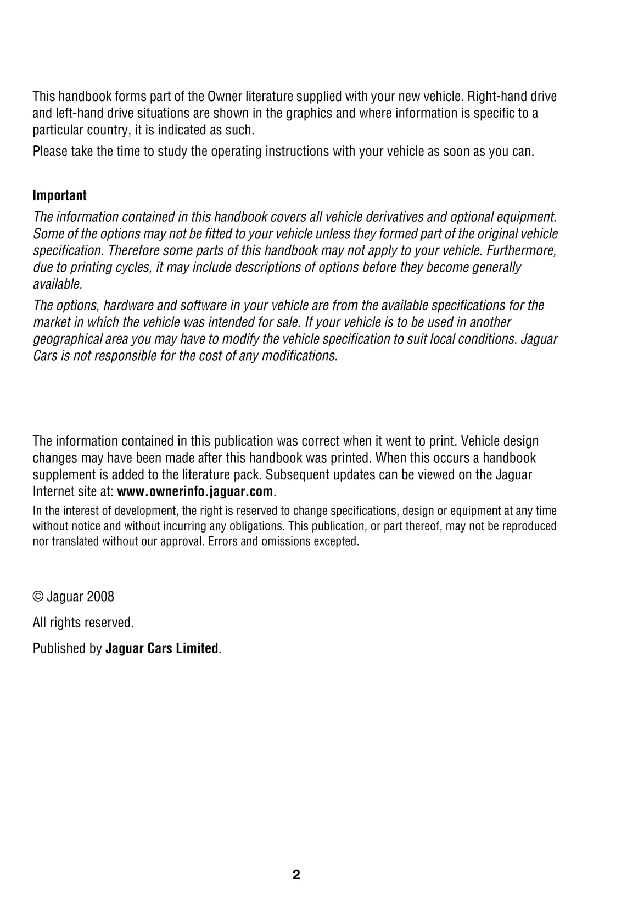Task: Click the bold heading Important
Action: click(59, 195)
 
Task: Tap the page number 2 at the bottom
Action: click(296, 875)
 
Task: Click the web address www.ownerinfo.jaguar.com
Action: click(195, 491)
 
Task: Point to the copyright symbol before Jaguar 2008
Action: click(38, 597)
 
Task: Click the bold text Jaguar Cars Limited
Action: click(161, 648)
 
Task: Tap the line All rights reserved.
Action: click(83, 623)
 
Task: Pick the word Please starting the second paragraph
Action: click(50, 152)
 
